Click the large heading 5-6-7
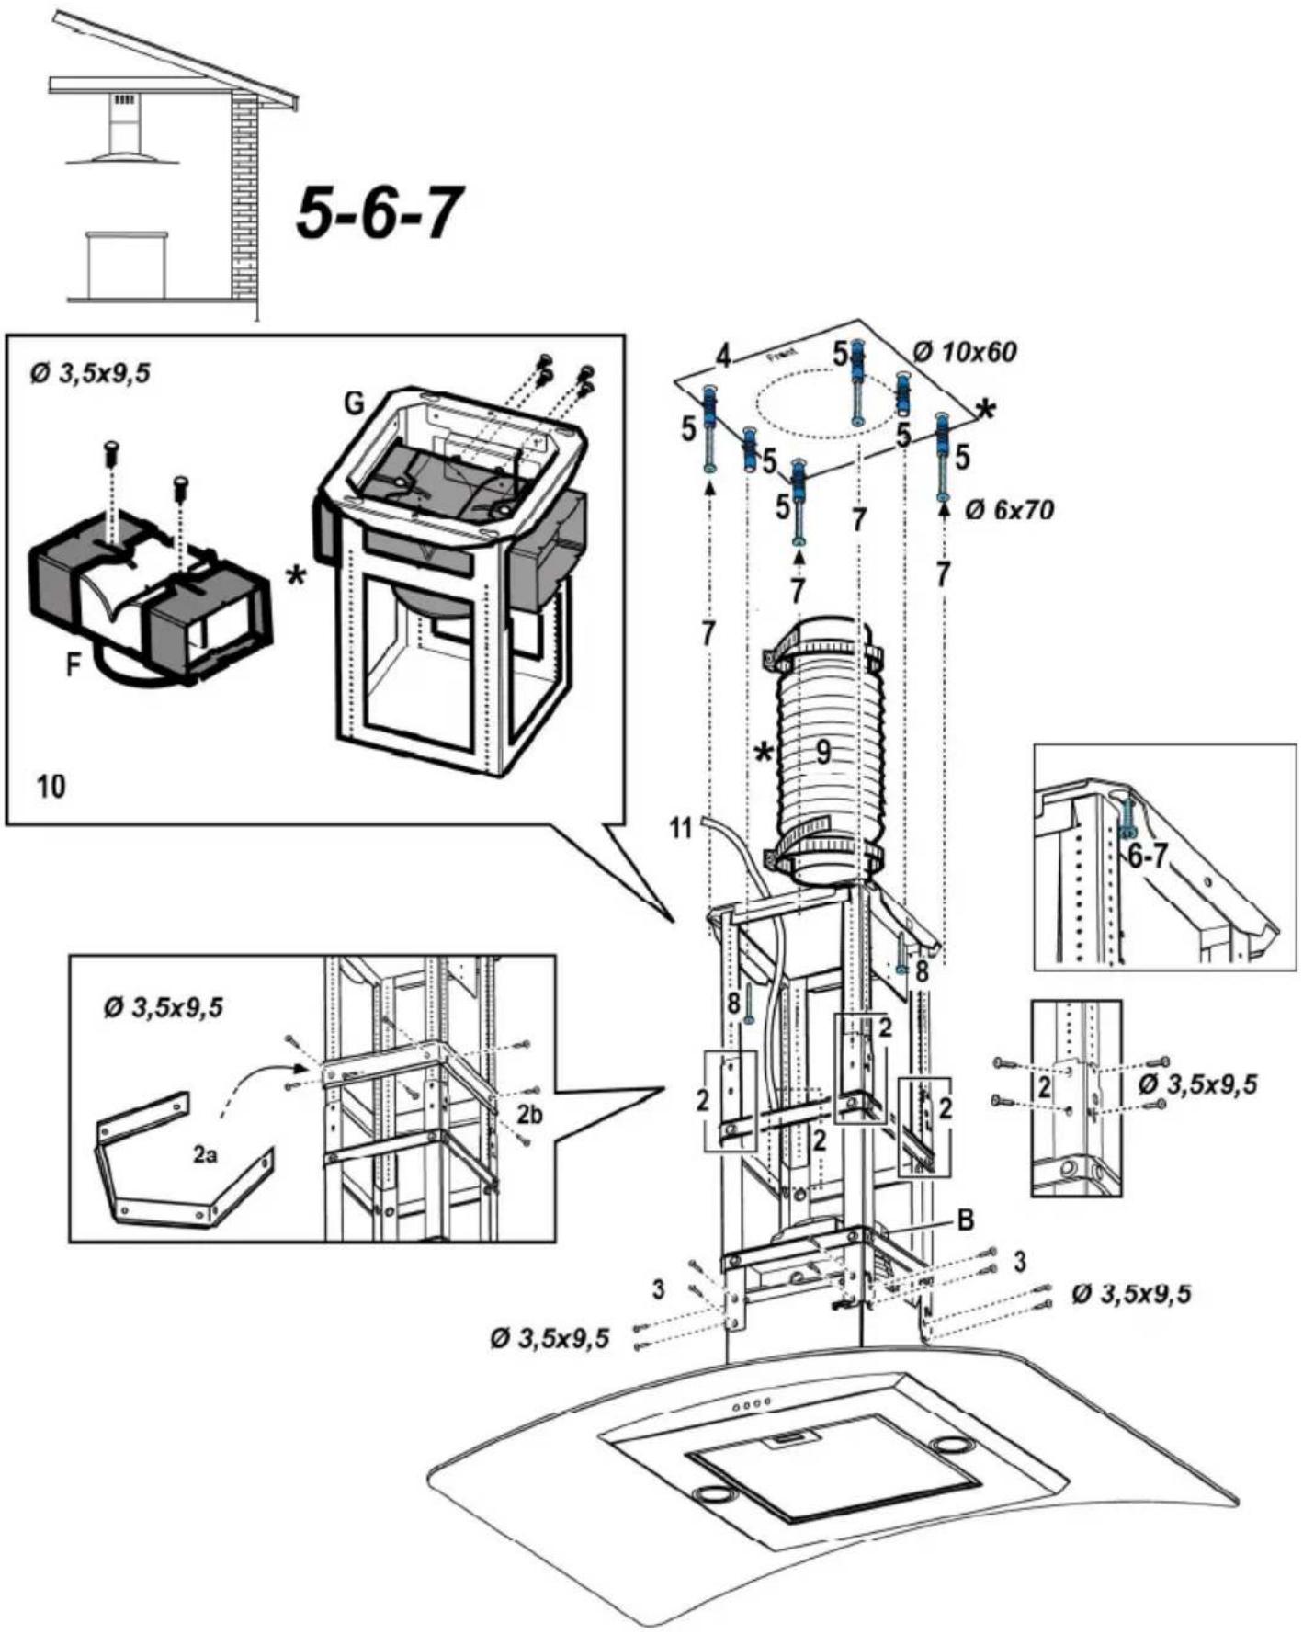pos(378,212)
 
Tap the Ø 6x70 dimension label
pos(1008,510)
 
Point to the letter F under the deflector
pos(74,664)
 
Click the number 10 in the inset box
pos(51,787)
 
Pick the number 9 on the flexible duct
pos(823,753)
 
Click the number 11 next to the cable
pos(680,829)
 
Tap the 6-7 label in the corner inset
pos(1148,858)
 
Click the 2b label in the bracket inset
pos(529,1115)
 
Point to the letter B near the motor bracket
pos(965,1220)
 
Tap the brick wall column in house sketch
pos(244,198)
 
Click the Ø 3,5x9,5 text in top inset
pos(89,375)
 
